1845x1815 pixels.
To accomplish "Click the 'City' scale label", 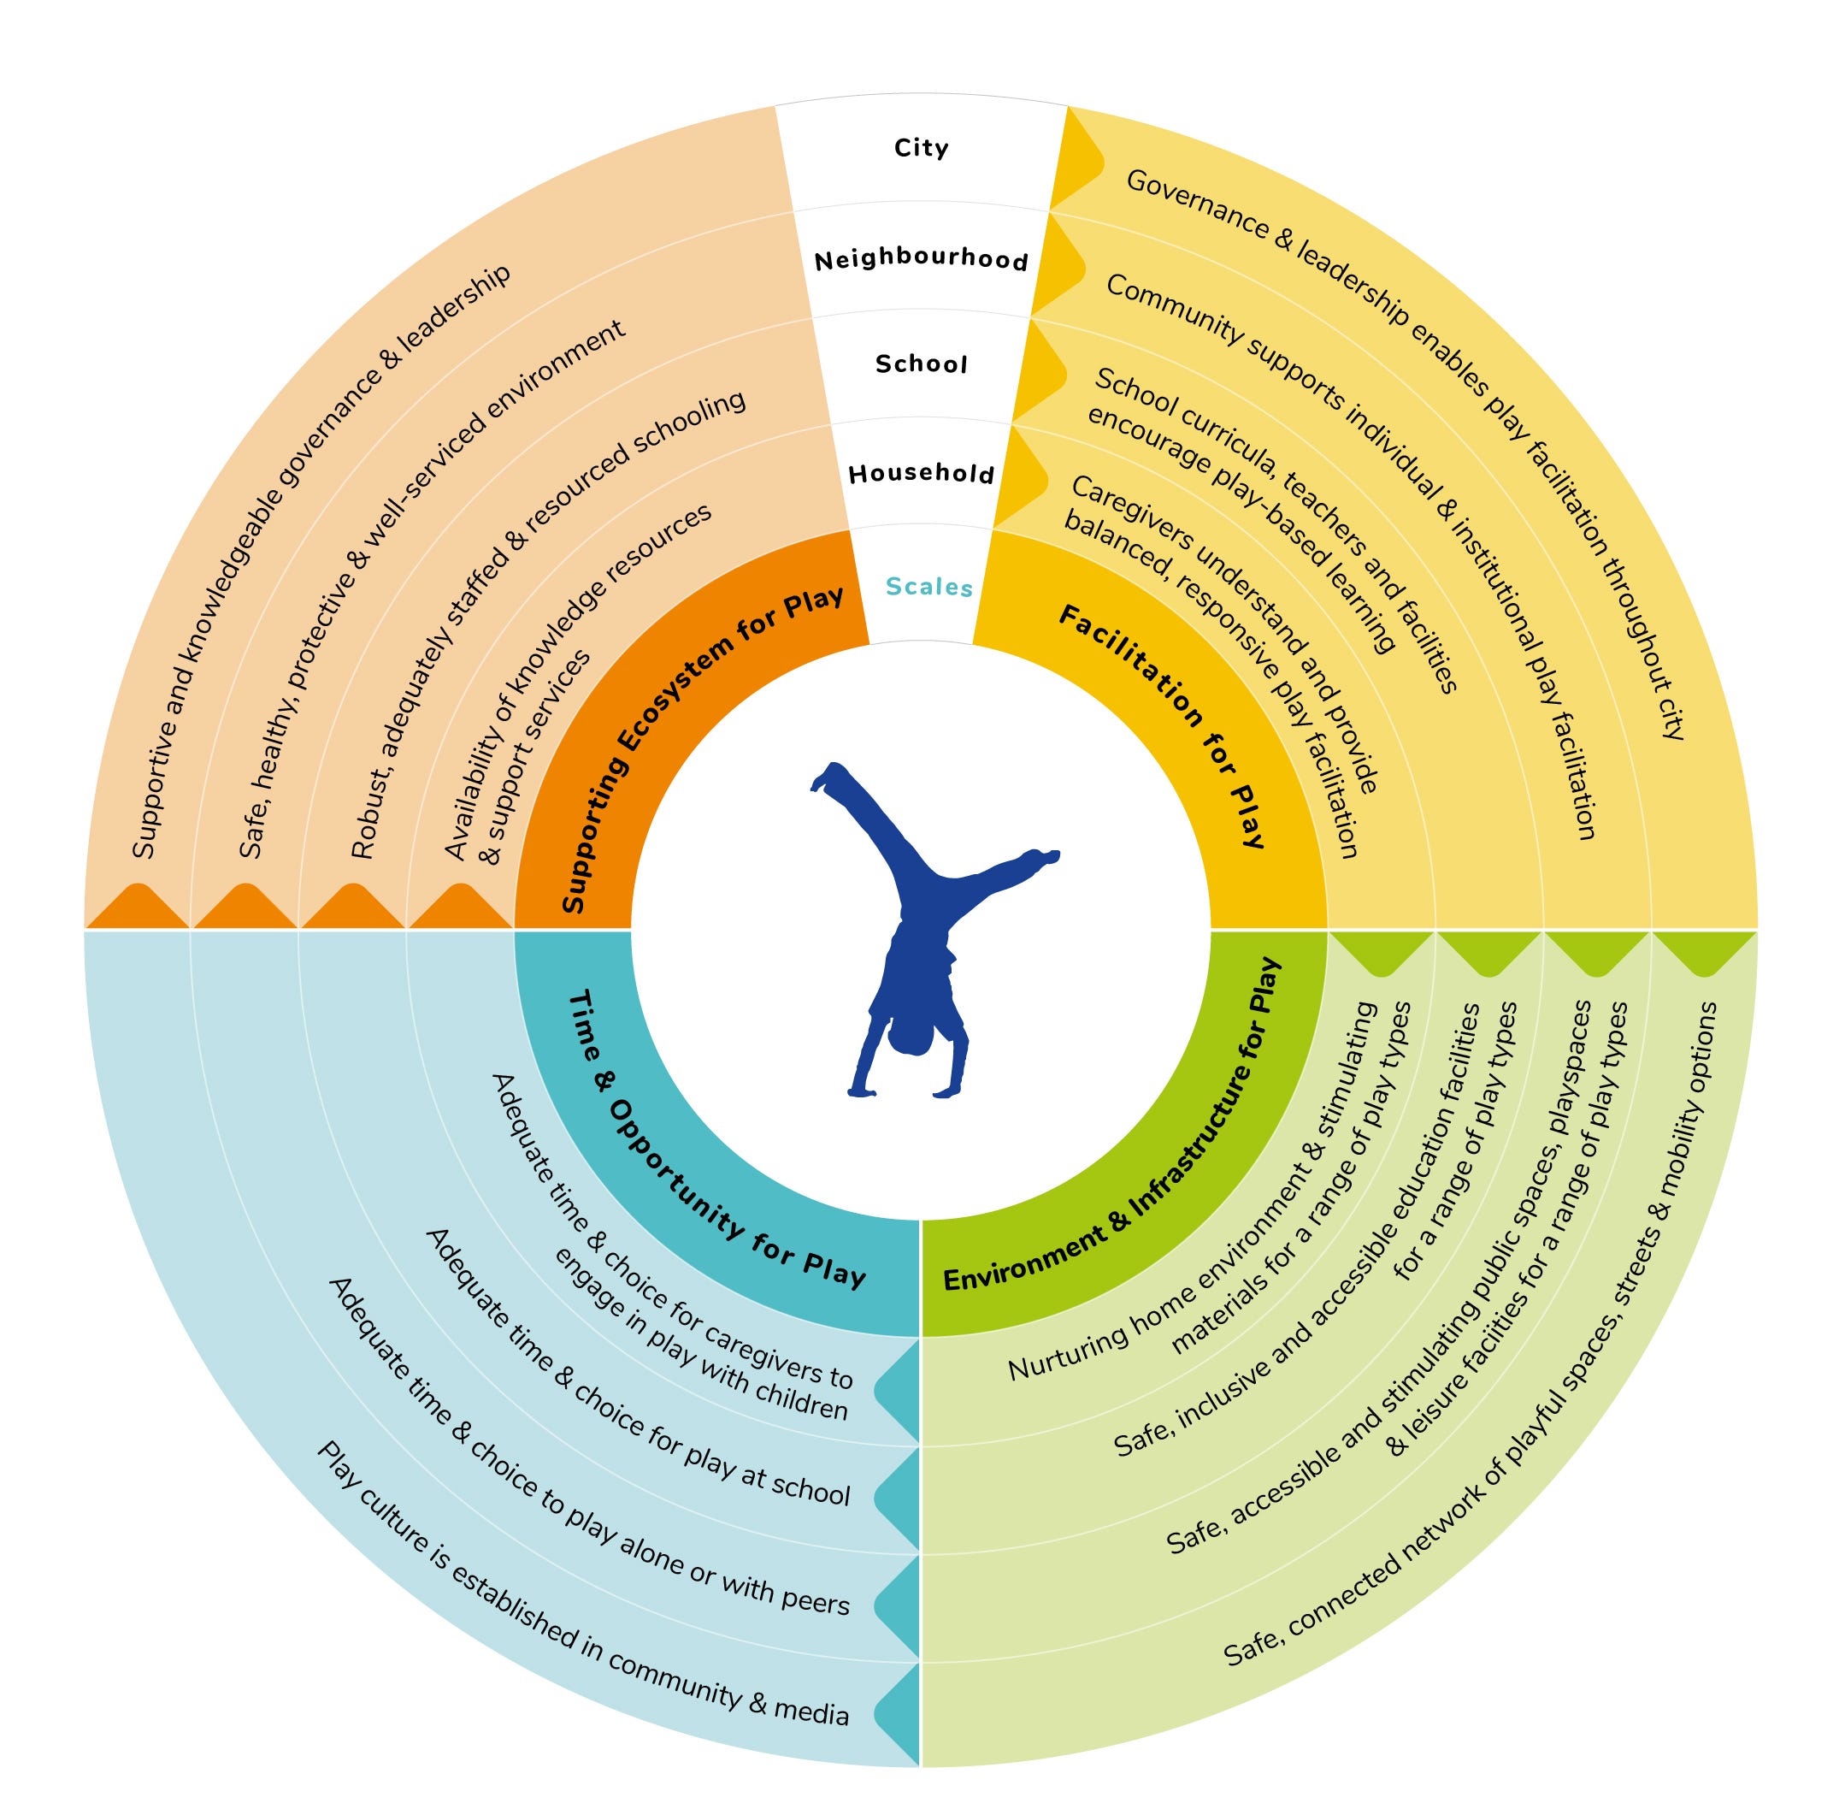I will (x=921, y=148).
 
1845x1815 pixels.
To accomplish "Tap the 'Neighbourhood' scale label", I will (x=921, y=259).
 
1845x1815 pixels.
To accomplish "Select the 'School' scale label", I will (x=921, y=364).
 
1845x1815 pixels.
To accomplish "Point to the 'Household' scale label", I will (x=921, y=473).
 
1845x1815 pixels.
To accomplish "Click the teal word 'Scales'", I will (x=928, y=586).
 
